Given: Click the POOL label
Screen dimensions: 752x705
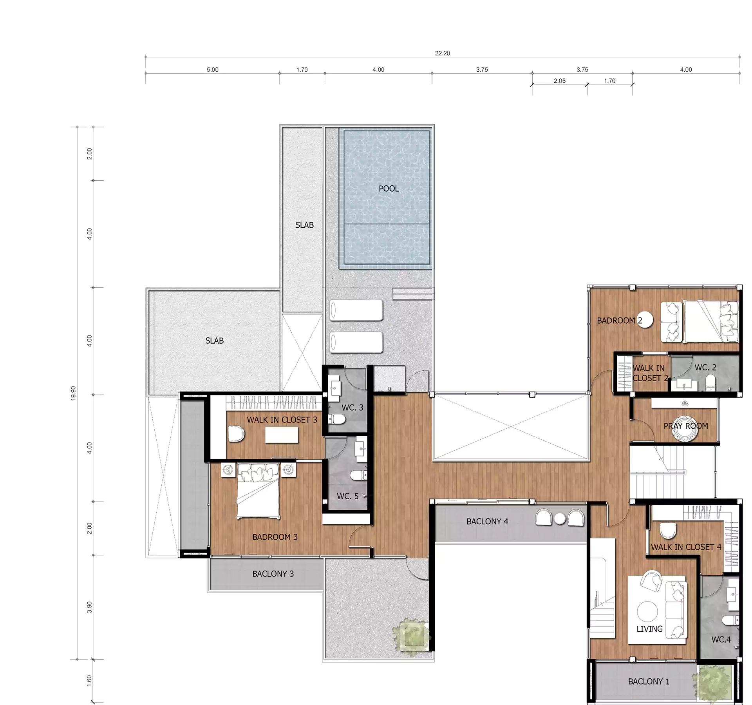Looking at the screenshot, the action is (x=389, y=188).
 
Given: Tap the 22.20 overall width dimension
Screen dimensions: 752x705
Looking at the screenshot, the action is (x=442, y=53).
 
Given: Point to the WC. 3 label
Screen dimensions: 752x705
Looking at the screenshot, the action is (x=352, y=408).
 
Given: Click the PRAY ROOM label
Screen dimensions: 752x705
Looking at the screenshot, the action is (x=686, y=426).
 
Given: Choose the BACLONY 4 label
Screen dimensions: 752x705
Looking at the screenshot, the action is (x=487, y=522).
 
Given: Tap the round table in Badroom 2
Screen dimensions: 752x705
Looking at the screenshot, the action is (x=645, y=320).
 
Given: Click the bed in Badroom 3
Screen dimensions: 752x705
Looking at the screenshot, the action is (x=258, y=491).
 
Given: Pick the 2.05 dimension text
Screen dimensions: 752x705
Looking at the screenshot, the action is (x=560, y=81).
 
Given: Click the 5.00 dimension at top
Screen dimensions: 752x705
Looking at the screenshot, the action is (x=212, y=70).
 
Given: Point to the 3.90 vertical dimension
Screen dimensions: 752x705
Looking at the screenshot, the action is (x=89, y=607).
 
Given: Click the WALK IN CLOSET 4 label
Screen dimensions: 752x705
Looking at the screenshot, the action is (x=686, y=547).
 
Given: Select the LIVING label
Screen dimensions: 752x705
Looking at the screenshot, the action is (x=649, y=640).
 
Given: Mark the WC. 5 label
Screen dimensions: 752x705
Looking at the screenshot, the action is (x=347, y=496).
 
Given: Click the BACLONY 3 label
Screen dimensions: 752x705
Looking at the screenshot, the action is (x=273, y=574).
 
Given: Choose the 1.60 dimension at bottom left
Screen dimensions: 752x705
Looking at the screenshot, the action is (x=89, y=680).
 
